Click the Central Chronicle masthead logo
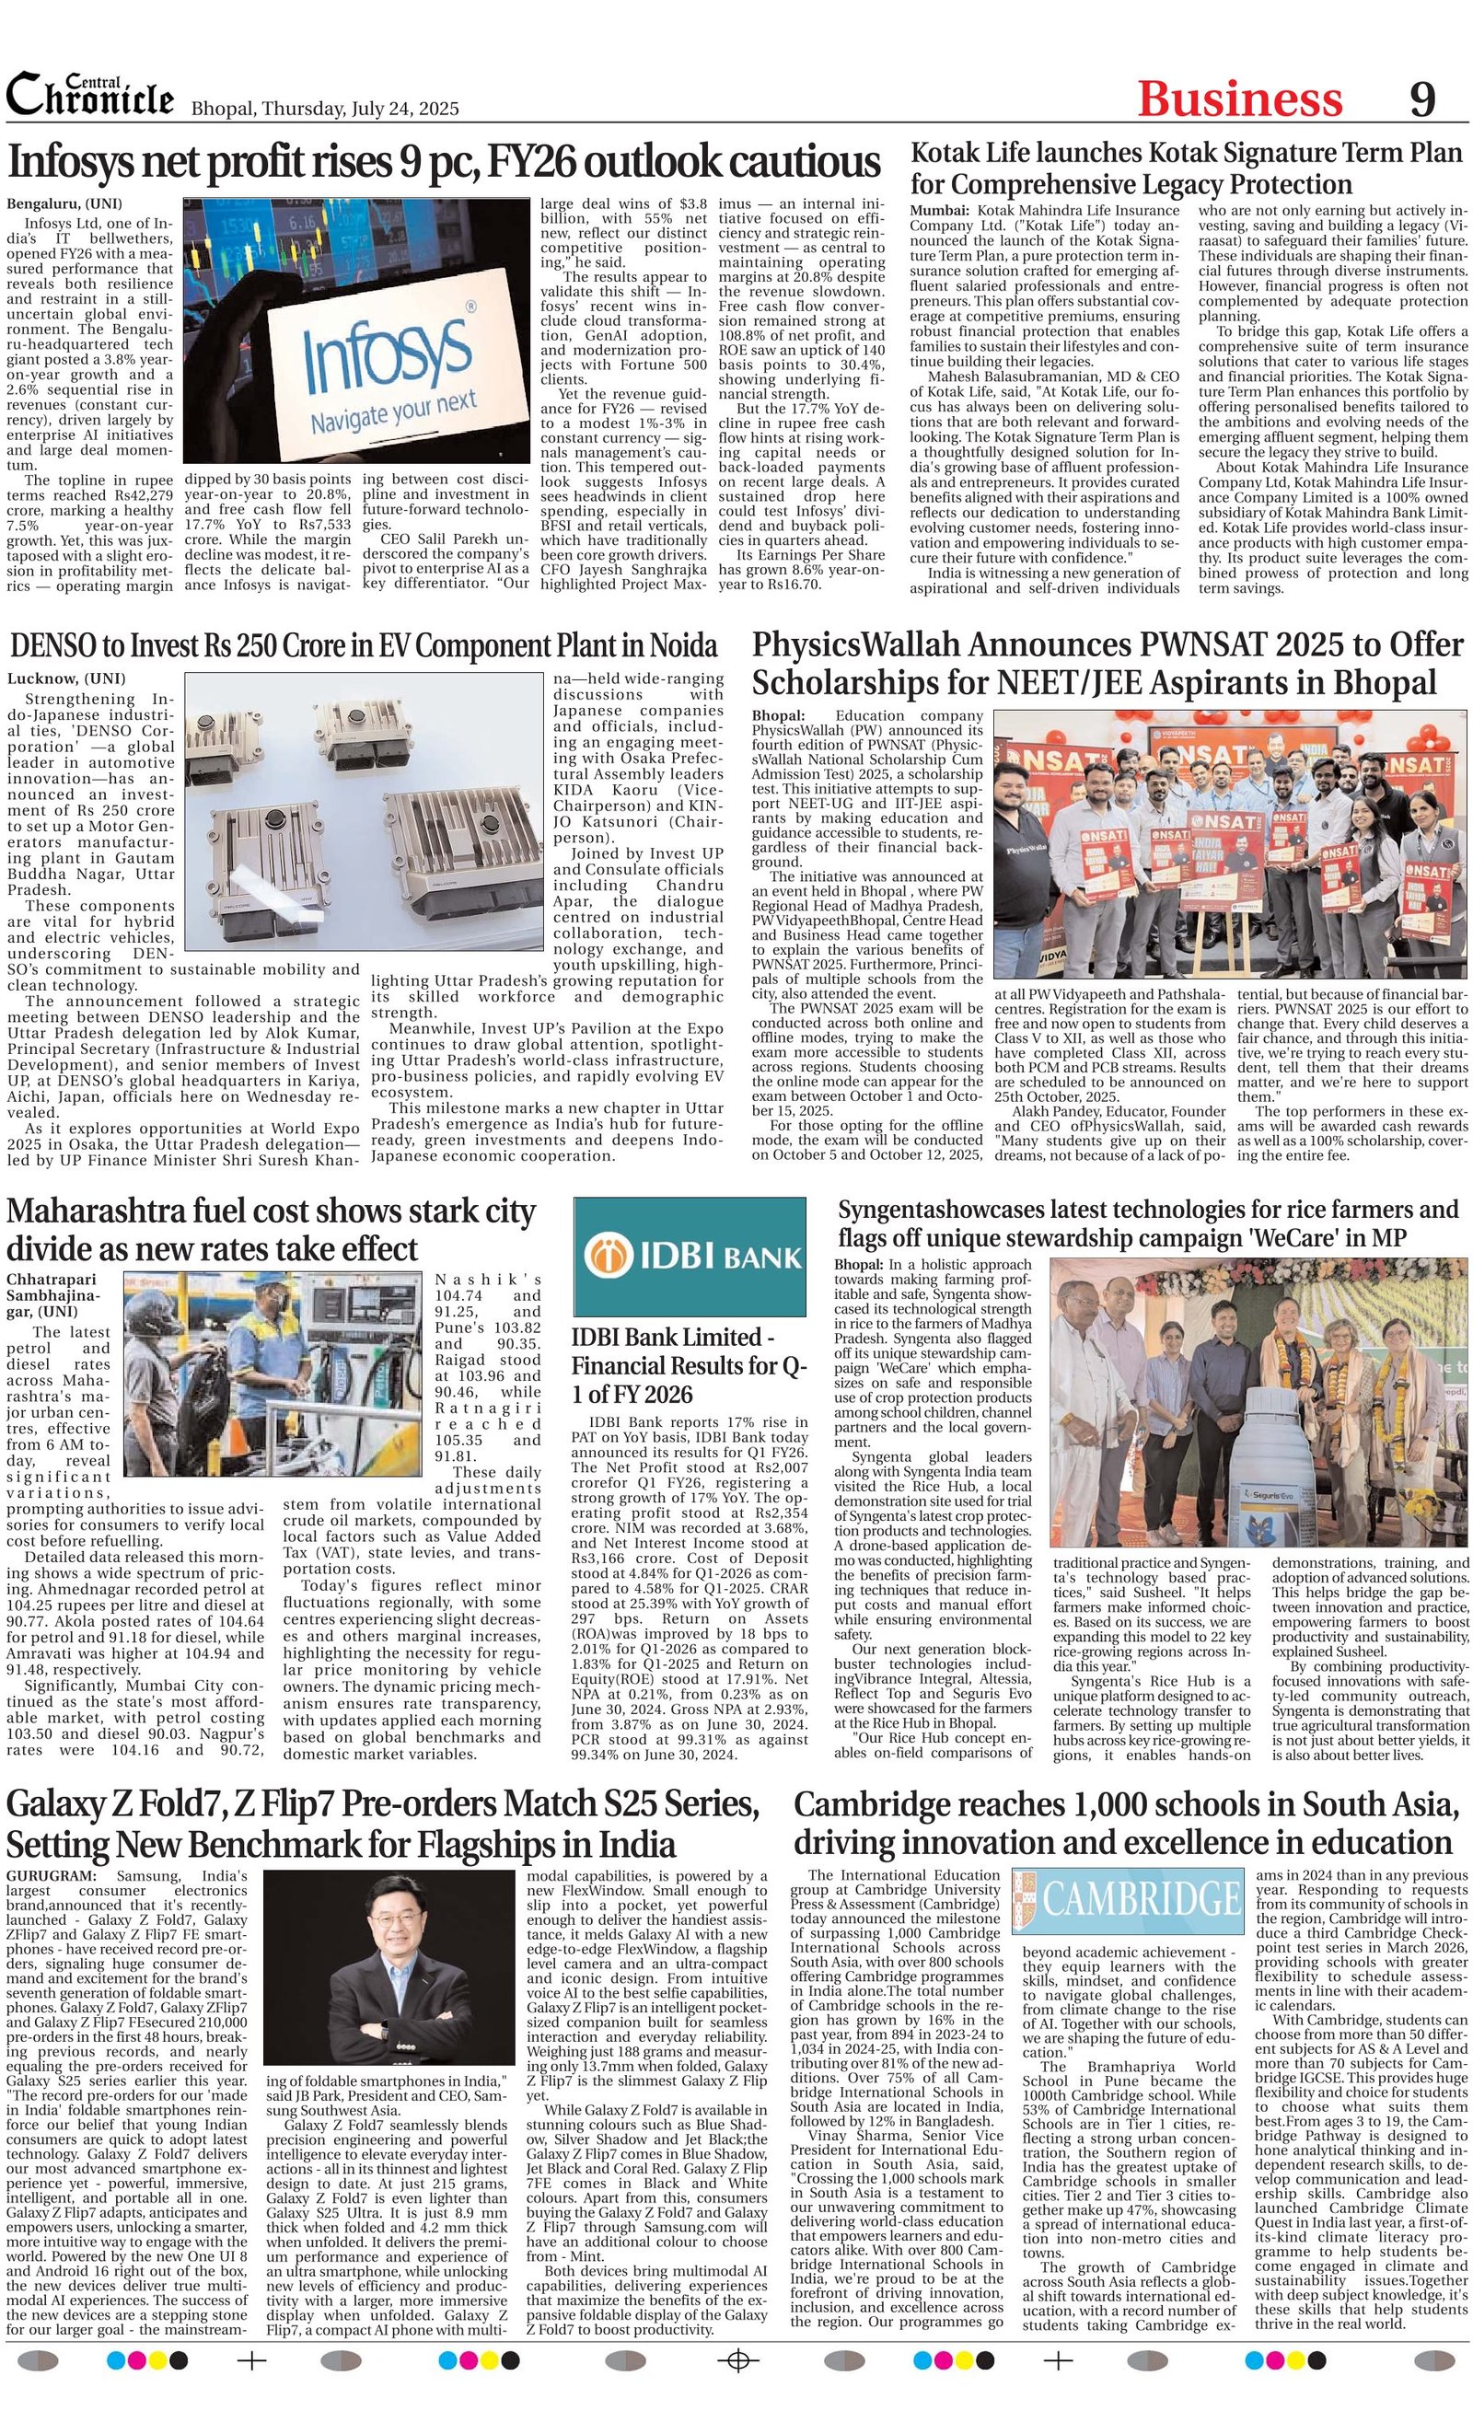(90, 96)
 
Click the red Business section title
(1239, 99)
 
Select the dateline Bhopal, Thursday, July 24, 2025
(324, 109)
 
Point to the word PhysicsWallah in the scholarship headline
(855, 645)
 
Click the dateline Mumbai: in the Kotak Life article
(938, 211)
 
